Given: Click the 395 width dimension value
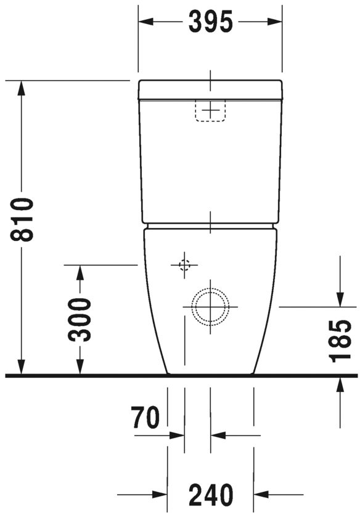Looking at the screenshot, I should pos(210,22).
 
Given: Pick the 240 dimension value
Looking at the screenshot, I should pos(211,494).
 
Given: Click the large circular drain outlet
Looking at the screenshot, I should pos(210,306).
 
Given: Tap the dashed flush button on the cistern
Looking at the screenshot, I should pos(211,111).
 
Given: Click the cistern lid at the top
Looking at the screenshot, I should pos(210,89).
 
